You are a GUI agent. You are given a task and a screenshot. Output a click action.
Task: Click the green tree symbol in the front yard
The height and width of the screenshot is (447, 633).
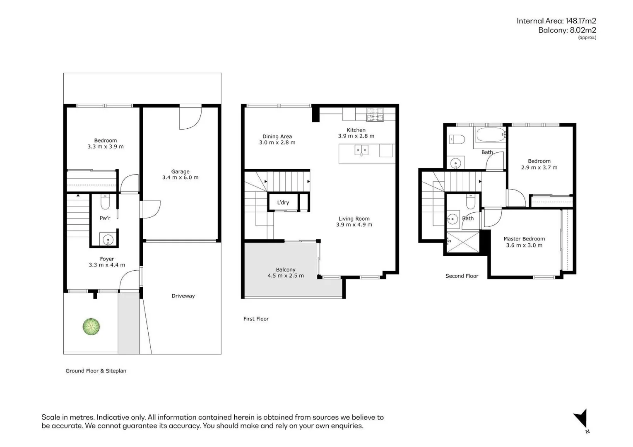coord(91,327)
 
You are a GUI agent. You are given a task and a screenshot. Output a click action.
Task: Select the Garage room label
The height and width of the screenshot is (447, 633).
coord(180,171)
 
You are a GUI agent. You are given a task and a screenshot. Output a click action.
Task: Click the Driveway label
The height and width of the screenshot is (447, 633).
coord(183,296)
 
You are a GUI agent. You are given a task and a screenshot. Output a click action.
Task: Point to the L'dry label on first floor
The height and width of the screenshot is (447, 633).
coord(283,202)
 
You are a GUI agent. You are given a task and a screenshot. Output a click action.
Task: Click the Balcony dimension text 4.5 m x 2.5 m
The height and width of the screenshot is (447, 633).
coord(286,276)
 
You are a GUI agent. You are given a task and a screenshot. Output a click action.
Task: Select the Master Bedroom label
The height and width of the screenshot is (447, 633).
coord(524,239)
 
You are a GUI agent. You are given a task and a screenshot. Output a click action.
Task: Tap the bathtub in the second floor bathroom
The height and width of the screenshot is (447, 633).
coord(490,135)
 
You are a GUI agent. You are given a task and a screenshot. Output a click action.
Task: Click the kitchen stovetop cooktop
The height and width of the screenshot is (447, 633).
coord(375,114)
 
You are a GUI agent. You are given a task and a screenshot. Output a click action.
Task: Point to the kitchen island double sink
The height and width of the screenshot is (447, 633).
coord(361,150)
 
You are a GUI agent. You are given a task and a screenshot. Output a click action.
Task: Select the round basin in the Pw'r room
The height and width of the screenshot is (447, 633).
coord(108,239)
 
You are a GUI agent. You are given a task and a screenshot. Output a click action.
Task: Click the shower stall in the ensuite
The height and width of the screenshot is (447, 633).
coord(463,242)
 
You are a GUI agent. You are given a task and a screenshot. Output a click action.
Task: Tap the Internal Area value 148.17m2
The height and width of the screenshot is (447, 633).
coord(580,21)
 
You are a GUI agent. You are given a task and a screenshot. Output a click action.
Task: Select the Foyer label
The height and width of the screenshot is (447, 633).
coord(107,259)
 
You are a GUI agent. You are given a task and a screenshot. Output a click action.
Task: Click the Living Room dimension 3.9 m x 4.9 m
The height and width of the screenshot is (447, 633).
coord(354,225)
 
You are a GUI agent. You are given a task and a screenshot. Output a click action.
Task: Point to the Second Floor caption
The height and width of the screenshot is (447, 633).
coord(462,276)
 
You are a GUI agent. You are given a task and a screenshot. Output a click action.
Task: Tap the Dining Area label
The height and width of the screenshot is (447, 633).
coord(277,137)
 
